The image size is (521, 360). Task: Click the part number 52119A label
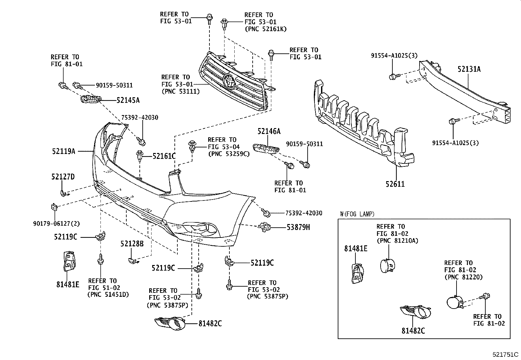pyautogui.click(x=63, y=151)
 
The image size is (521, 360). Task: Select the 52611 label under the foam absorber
pyautogui.click(x=395, y=184)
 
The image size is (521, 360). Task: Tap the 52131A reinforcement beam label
pyautogui.click(x=469, y=69)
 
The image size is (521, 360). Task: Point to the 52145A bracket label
pyautogui.click(x=128, y=100)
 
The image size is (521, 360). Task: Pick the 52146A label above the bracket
pyautogui.click(x=269, y=132)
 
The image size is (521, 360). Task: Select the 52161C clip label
pyautogui.click(x=164, y=156)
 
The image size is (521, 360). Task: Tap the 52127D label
pyautogui.click(x=63, y=177)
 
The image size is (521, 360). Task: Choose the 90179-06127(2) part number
pyautogui.click(x=56, y=223)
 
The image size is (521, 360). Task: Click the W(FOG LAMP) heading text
pyautogui.click(x=357, y=214)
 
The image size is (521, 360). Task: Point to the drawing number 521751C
pyautogui.click(x=506, y=354)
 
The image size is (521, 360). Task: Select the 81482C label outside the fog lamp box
pyautogui.click(x=210, y=324)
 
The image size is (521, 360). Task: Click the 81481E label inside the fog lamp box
pyautogui.click(x=356, y=249)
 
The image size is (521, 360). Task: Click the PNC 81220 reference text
pyautogui.click(x=463, y=277)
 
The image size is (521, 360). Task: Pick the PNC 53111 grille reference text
pyautogui.click(x=180, y=91)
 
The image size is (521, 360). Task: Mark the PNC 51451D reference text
pyautogui.click(x=108, y=294)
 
